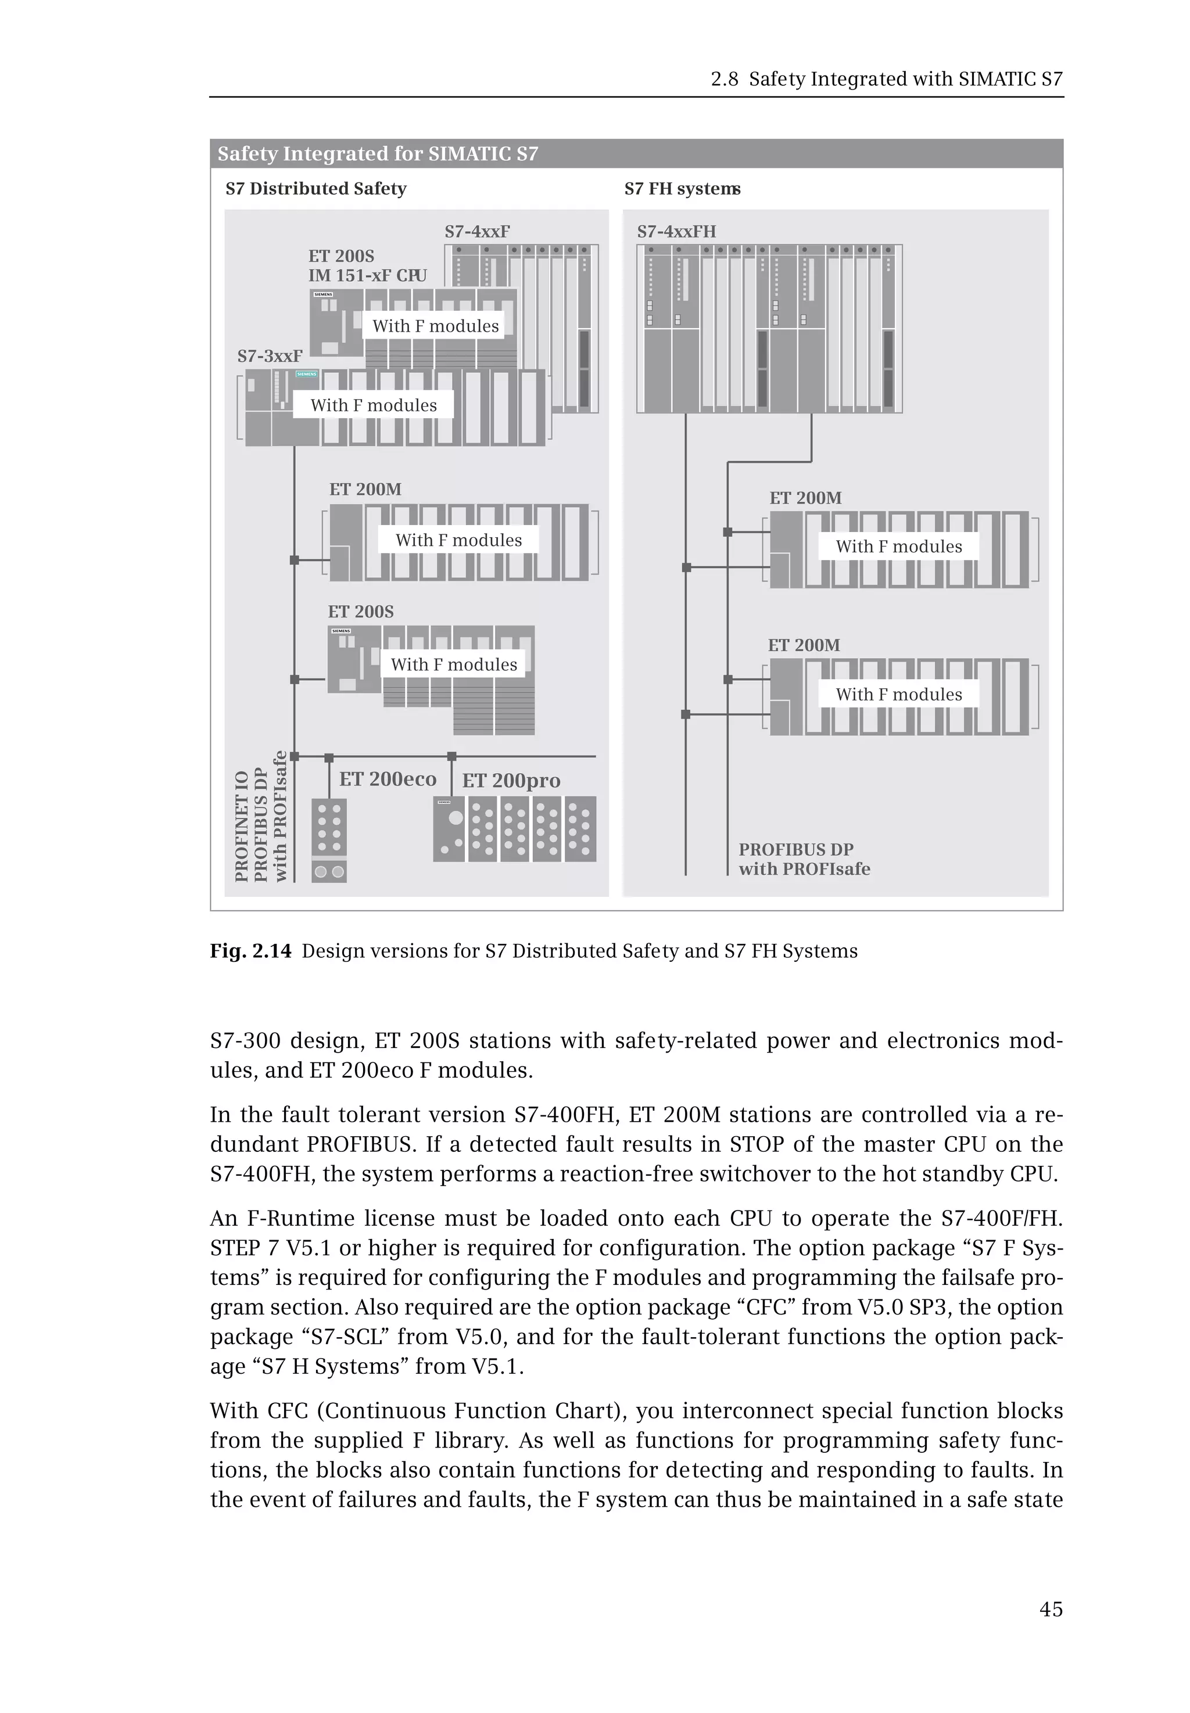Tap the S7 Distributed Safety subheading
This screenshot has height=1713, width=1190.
click(316, 189)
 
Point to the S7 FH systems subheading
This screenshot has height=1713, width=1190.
click(682, 189)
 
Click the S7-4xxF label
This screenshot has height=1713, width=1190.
click(477, 231)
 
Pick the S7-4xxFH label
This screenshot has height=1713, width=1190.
click(676, 231)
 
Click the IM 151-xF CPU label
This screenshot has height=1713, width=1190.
click(368, 276)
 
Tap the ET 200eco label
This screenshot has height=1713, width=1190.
click(388, 780)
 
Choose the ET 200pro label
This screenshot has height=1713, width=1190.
click(511, 781)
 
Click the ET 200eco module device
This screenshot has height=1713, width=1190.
click(329, 841)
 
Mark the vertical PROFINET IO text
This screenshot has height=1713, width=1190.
click(242, 827)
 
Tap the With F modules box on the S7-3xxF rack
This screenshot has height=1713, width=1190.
click(374, 405)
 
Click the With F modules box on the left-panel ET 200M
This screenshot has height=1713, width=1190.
click(458, 540)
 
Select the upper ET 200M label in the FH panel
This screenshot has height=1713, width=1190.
click(805, 498)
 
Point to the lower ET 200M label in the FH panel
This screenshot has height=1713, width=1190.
click(804, 645)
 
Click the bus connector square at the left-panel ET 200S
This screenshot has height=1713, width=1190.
click(295, 679)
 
